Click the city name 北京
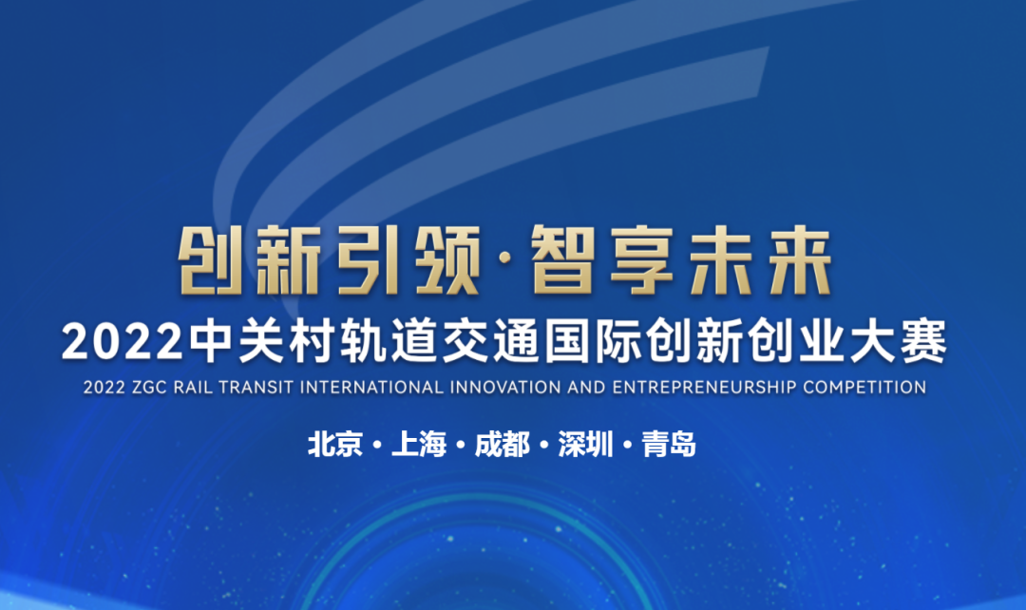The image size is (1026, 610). tap(335, 445)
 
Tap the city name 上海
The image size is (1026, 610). tap(419, 445)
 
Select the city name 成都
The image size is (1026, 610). tap(502, 445)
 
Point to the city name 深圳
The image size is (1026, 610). tap(585, 445)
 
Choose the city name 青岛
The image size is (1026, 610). tap(669, 445)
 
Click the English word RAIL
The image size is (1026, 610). tap(193, 388)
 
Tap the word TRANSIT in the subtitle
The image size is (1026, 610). tap(256, 388)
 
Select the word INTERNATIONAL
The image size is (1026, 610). tap(372, 388)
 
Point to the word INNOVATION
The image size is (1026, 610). tap(505, 388)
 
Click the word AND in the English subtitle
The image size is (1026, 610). tap(587, 388)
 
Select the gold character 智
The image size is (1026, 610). tap(564, 260)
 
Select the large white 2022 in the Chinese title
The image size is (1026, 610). tap(123, 342)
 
